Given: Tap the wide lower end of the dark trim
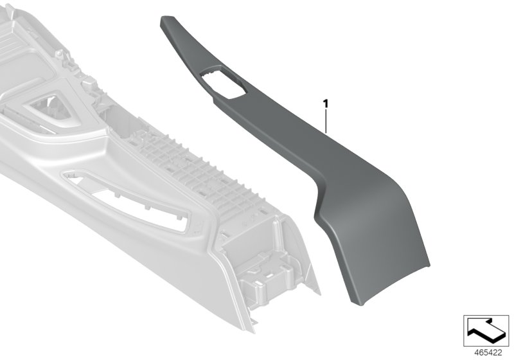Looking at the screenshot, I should (x=385, y=257).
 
